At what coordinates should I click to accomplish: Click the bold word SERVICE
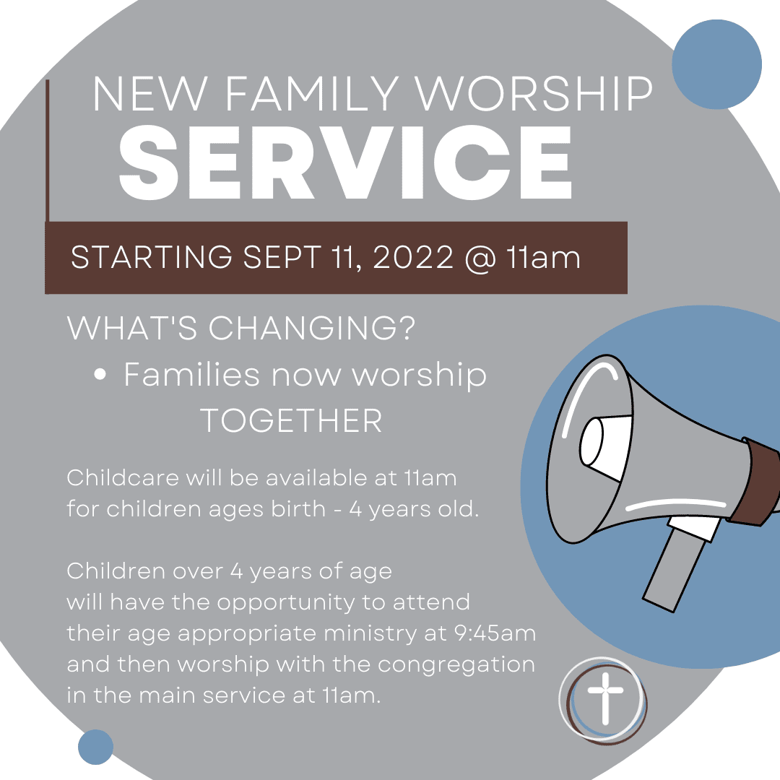[x=346, y=162]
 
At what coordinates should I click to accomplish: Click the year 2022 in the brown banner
[x=413, y=257]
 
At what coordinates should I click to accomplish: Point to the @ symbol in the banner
[x=481, y=258]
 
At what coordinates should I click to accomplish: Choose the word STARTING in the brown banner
[x=152, y=257]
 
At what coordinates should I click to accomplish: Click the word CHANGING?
[x=312, y=328]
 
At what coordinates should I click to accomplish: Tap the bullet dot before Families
[x=100, y=375]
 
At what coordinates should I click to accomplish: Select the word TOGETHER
[x=291, y=421]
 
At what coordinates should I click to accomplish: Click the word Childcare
[x=123, y=477]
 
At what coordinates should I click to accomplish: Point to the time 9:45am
[x=495, y=633]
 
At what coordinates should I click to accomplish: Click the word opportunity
[x=286, y=603]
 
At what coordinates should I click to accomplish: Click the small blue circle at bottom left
[x=95, y=747]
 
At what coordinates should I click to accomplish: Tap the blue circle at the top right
[x=717, y=64]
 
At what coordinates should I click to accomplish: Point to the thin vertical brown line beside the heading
[x=48, y=150]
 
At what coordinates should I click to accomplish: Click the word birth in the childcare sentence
[x=298, y=508]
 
